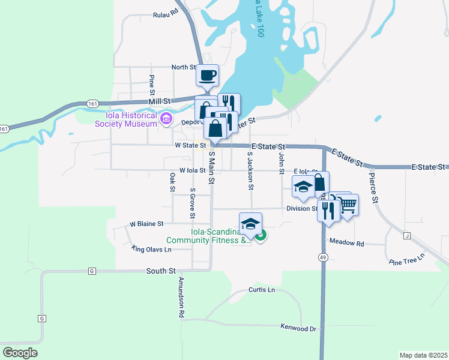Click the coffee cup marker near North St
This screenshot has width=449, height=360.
coord(207,76)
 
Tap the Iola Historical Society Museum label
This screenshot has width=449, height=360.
coord(125,119)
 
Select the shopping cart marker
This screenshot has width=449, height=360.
coord(348,205)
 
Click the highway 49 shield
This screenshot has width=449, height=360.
coord(324,257)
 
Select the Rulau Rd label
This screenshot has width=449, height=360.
coord(166,13)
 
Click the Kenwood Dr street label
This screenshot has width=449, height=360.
coord(298,328)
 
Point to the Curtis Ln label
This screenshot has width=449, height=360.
coord(261,290)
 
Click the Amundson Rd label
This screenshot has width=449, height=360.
coord(180,298)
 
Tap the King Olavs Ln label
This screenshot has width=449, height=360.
coord(151,248)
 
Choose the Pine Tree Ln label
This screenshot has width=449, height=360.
coord(406,259)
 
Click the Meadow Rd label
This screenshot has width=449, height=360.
coord(347,243)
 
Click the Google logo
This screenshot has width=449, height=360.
coord(20,352)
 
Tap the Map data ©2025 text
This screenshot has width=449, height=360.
coord(423,355)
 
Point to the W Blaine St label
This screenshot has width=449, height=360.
coord(146,224)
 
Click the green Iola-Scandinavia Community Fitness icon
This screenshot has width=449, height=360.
coord(261,236)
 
